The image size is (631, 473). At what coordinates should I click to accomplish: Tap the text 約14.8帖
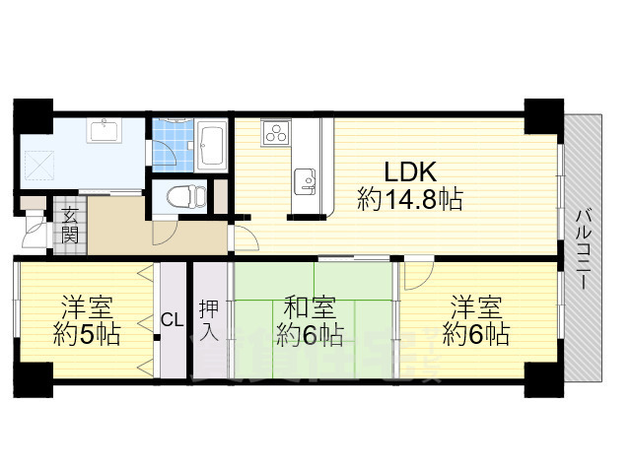(x=410, y=200)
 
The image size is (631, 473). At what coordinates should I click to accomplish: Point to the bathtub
(x=210, y=145)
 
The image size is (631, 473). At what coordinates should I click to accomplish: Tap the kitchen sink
(x=305, y=180)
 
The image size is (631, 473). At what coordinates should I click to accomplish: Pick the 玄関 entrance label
(x=70, y=226)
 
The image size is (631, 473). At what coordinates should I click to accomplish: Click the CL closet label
(x=172, y=319)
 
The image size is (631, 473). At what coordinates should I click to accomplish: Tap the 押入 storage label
(x=209, y=319)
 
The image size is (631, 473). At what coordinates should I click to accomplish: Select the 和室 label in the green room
(x=308, y=305)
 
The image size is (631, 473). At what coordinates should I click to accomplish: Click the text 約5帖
(x=86, y=334)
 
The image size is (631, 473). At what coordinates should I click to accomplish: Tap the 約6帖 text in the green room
(x=310, y=334)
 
